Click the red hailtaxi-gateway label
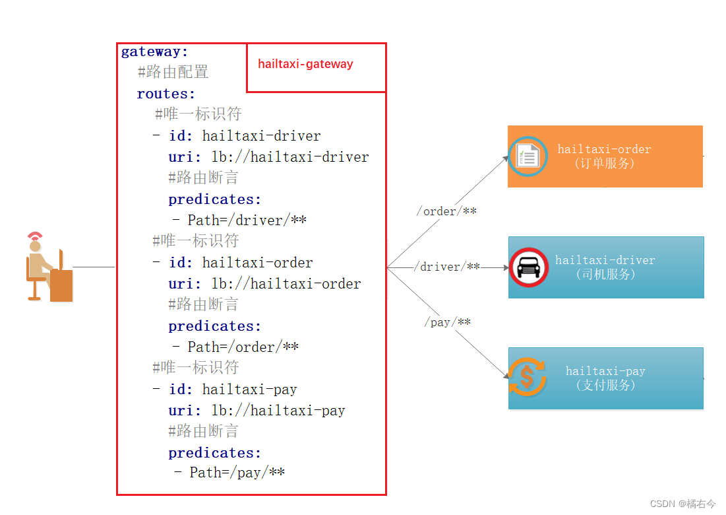point(305,64)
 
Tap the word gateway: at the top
point(155,51)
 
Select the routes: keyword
point(166,94)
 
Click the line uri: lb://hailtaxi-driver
point(268,157)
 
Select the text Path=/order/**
point(243,347)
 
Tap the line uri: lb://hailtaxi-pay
point(257,411)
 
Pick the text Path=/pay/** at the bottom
point(237,473)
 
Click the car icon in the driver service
point(528,267)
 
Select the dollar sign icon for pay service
point(527,377)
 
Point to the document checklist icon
point(528,156)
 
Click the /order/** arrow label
point(446,211)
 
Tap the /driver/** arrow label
point(446,267)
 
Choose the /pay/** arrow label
point(447,322)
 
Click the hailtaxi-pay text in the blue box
point(605,371)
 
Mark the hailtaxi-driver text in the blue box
point(605,260)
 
